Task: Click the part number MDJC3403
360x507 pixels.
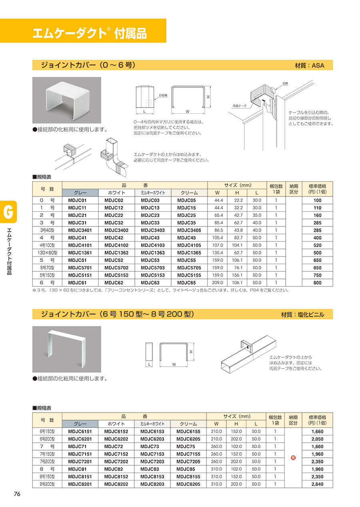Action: click(x=152, y=230)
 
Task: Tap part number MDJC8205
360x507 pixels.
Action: click(x=188, y=484)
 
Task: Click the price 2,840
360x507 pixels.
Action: click(x=317, y=484)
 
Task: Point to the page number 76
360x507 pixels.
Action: click(x=17, y=494)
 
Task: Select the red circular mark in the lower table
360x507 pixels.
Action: click(x=293, y=458)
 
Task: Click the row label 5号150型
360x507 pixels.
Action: click(x=47, y=275)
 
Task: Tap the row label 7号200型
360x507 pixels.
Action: click(x=47, y=462)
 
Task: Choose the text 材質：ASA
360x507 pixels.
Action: click(x=309, y=66)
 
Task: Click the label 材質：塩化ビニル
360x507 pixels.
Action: click(x=303, y=315)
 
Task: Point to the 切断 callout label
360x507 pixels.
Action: click(x=286, y=84)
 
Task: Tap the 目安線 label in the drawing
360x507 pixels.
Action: click(x=163, y=95)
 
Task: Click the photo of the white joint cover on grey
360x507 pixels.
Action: click(x=66, y=100)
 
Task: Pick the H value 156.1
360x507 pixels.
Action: click(x=236, y=275)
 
